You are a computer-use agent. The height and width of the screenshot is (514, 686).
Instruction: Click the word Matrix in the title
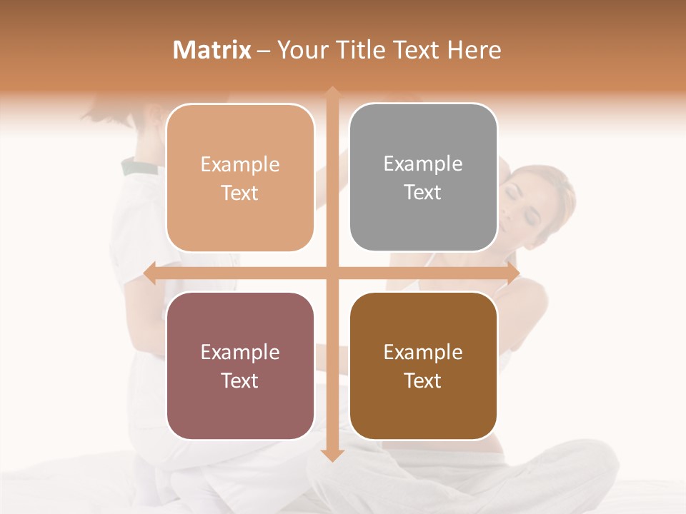pos(212,50)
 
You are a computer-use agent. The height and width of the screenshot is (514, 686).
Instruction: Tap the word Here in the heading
pos(474,50)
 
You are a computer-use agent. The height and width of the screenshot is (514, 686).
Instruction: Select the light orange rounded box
pos(240,178)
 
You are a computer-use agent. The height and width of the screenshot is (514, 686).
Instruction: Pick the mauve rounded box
pos(240,366)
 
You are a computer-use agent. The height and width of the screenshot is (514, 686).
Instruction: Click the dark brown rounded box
pos(423,366)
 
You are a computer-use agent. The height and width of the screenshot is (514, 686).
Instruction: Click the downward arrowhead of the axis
pos(332,455)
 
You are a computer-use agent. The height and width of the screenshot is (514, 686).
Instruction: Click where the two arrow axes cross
pos(332,273)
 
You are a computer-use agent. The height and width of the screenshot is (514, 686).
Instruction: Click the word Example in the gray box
pos(423,163)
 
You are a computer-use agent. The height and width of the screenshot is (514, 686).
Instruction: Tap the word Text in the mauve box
pos(240,381)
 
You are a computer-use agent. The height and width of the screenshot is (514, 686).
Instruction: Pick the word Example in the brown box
pos(423,352)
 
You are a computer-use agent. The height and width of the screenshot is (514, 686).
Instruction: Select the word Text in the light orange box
pos(240,193)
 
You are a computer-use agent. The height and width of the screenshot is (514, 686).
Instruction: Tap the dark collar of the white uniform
pos(140,167)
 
